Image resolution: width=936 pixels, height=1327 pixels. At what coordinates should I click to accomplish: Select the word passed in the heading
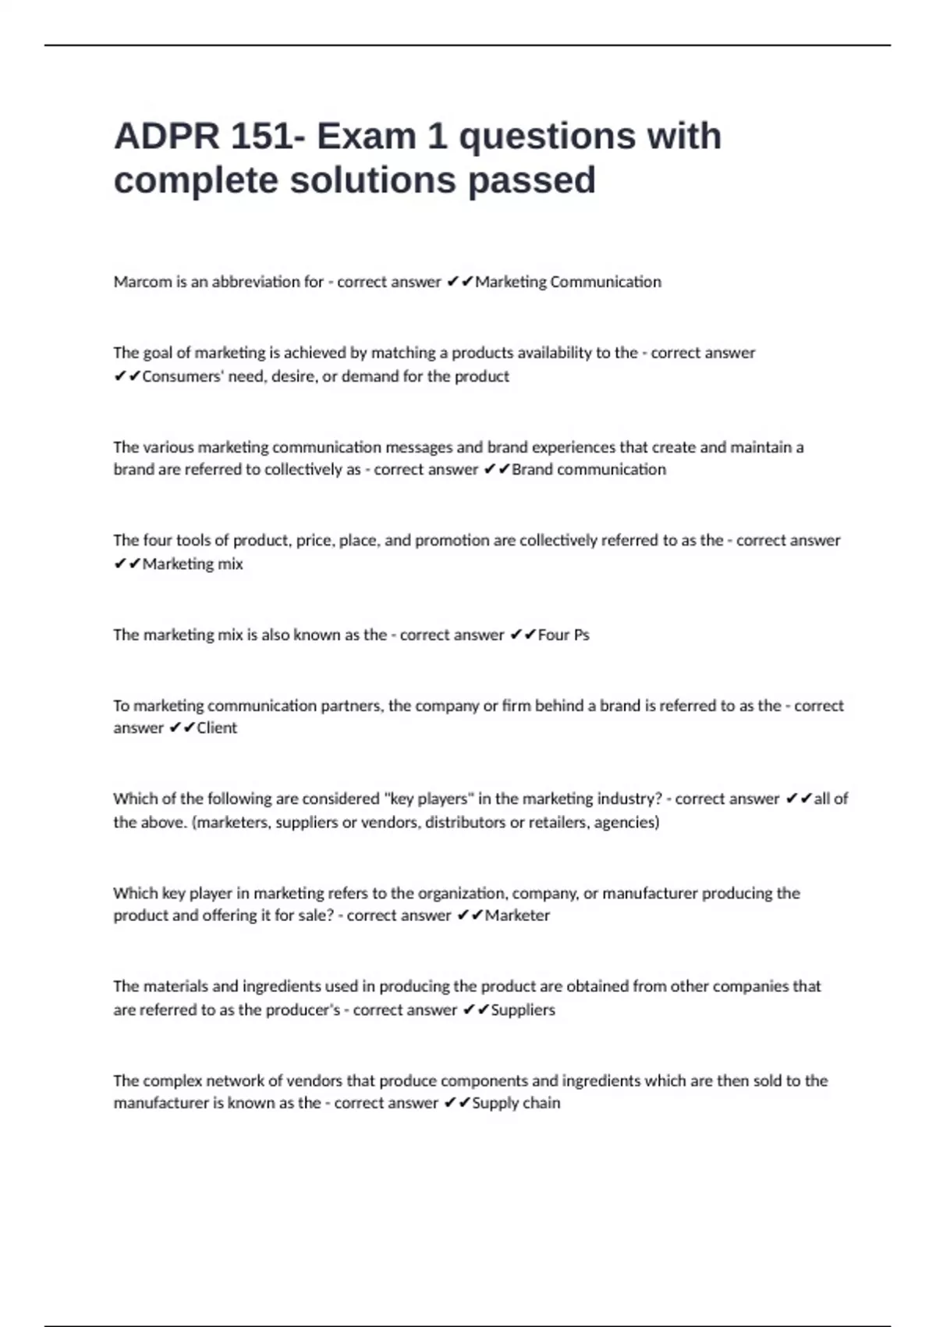pyautogui.click(x=532, y=180)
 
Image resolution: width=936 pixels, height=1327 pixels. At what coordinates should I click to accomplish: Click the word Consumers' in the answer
pyautogui.click(x=183, y=376)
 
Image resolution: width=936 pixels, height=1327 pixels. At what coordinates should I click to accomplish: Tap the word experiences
pyautogui.click(x=551, y=447)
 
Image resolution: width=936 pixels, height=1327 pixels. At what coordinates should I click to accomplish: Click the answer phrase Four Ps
pyautogui.click(x=563, y=635)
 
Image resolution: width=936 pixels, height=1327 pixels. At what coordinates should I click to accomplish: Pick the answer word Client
pyautogui.click(x=217, y=728)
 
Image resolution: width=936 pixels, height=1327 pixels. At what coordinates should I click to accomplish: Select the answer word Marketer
pyautogui.click(x=517, y=916)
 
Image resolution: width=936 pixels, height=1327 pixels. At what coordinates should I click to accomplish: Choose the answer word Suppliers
pyautogui.click(x=523, y=1010)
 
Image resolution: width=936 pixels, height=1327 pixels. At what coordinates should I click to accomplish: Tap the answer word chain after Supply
pyautogui.click(x=541, y=1103)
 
